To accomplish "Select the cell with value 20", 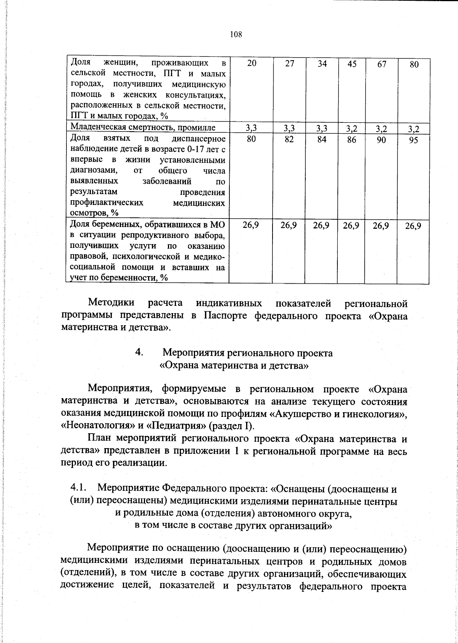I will tap(251, 64).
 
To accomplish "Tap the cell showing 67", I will tap(381, 64).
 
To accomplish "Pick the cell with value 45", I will tap(352, 64).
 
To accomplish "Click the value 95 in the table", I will tap(414, 140).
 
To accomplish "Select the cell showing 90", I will tap(381, 140).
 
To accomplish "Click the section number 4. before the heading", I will tap(139, 353).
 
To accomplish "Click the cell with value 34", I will tap(322, 64).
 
